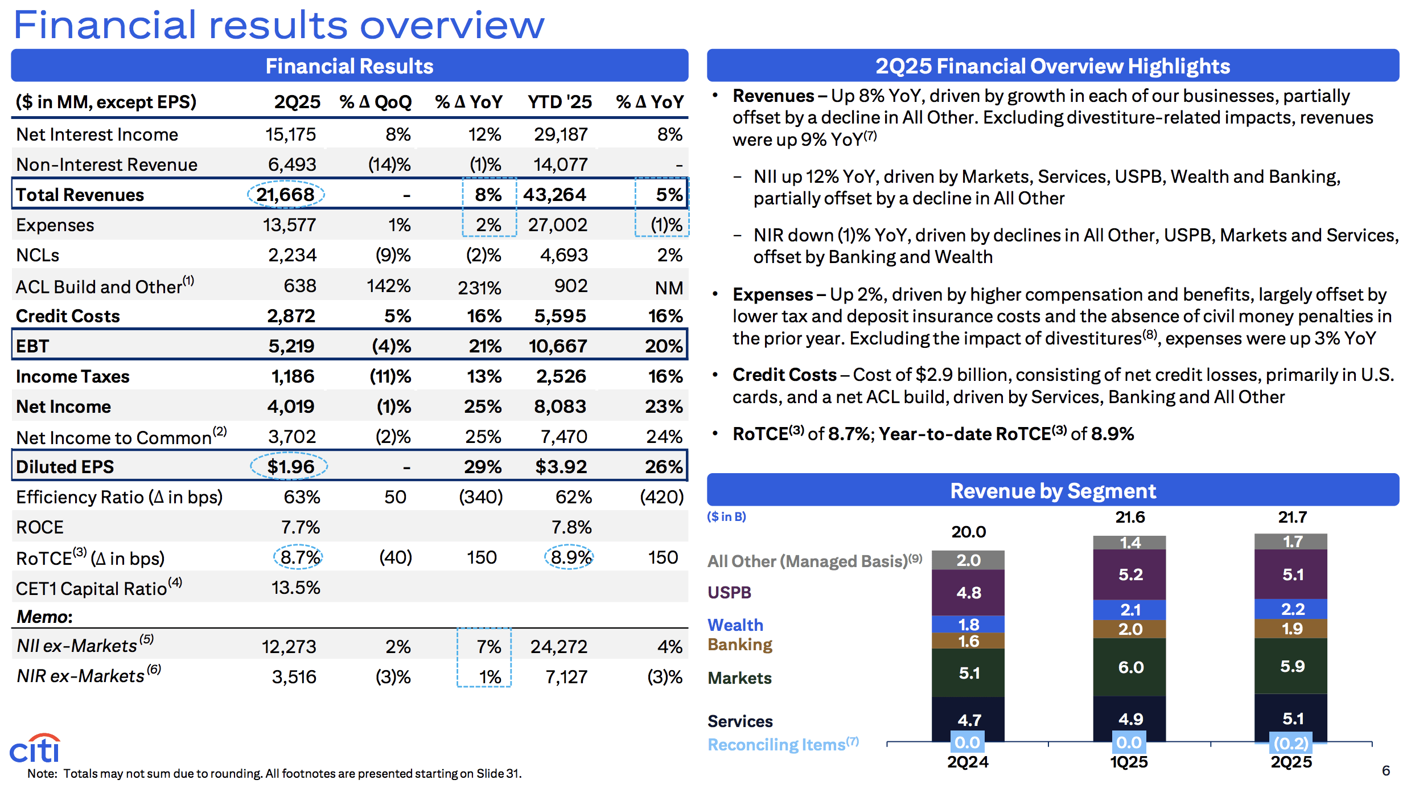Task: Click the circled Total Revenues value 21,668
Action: [x=285, y=195]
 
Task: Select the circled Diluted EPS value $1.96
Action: [x=290, y=467]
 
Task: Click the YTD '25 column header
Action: [x=560, y=102]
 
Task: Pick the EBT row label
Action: [x=32, y=346]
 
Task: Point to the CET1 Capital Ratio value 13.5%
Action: [x=295, y=588]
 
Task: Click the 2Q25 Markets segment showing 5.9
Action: [x=1291, y=666]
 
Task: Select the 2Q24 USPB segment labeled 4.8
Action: [x=968, y=593]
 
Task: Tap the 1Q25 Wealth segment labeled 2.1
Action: [x=1130, y=610]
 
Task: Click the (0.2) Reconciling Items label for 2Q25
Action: [x=1291, y=743]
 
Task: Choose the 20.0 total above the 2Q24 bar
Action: [x=968, y=532]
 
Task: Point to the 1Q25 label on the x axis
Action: [x=1129, y=762]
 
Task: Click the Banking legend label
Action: [x=739, y=645]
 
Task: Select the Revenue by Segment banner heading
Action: [x=1052, y=491]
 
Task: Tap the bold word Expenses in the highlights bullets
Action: [x=772, y=294]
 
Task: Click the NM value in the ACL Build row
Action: [x=669, y=288]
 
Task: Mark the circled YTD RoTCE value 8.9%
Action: [x=569, y=557]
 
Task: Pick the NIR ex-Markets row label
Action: [x=81, y=676]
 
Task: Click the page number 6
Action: [x=1386, y=770]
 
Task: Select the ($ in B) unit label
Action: [x=726, y=516]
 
